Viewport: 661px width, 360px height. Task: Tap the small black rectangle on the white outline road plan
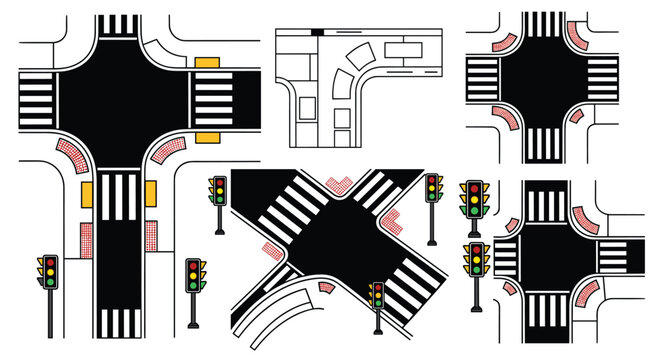point(317,32)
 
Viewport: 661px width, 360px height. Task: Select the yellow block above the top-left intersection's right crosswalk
point(207,63)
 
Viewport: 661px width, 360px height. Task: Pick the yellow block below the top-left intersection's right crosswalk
point(207,134)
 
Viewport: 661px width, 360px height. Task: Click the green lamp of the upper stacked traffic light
point(474,211)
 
